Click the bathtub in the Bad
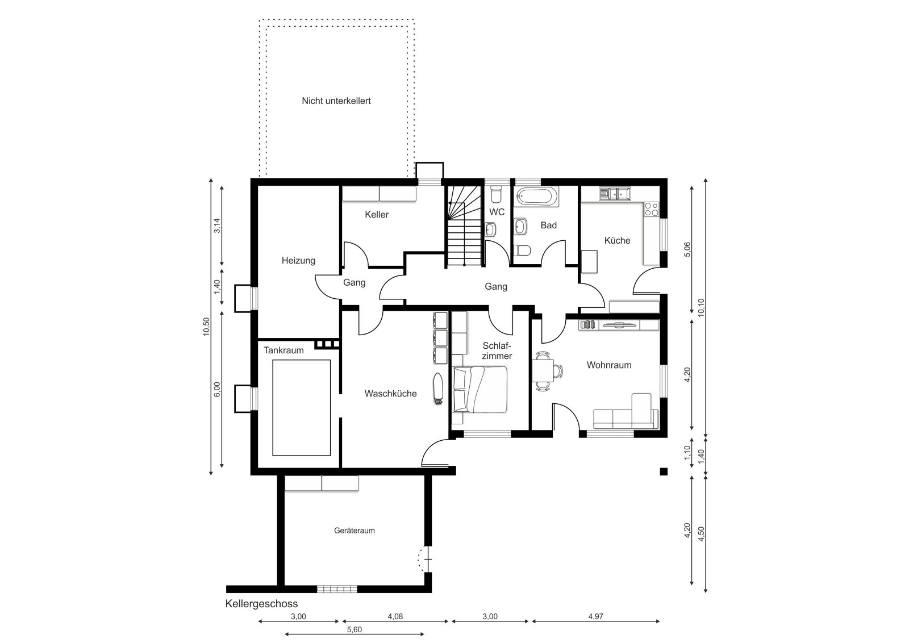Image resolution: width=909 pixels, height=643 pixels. point(536,197)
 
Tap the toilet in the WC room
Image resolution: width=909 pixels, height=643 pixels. point(496,194)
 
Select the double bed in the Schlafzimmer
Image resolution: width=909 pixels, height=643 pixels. point(480,390)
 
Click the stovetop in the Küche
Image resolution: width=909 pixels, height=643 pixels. point(652,210)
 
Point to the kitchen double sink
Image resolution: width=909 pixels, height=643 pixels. point(615,194)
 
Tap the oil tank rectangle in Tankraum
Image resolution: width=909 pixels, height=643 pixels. point(302,408)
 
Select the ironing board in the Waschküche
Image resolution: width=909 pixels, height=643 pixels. point(437,389)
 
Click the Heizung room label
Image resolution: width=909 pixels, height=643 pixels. point(298,261)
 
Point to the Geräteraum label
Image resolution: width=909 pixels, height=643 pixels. point(355,531)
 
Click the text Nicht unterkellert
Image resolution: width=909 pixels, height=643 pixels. point(336,101)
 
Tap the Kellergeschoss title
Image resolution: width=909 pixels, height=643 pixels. point(262,604)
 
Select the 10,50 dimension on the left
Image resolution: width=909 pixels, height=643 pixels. point(207,327)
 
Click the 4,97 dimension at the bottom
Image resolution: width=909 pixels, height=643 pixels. point(596,617)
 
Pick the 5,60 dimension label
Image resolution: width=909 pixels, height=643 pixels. point(355,629)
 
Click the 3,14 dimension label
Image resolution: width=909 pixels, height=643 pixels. point(218,226)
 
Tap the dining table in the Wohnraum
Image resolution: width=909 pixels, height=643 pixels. point(543,371)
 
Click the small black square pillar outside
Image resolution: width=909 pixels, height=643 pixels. point(664,471)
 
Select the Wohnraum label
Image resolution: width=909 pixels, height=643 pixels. point(608,365)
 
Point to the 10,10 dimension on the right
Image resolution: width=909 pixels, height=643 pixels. point(702,307)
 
